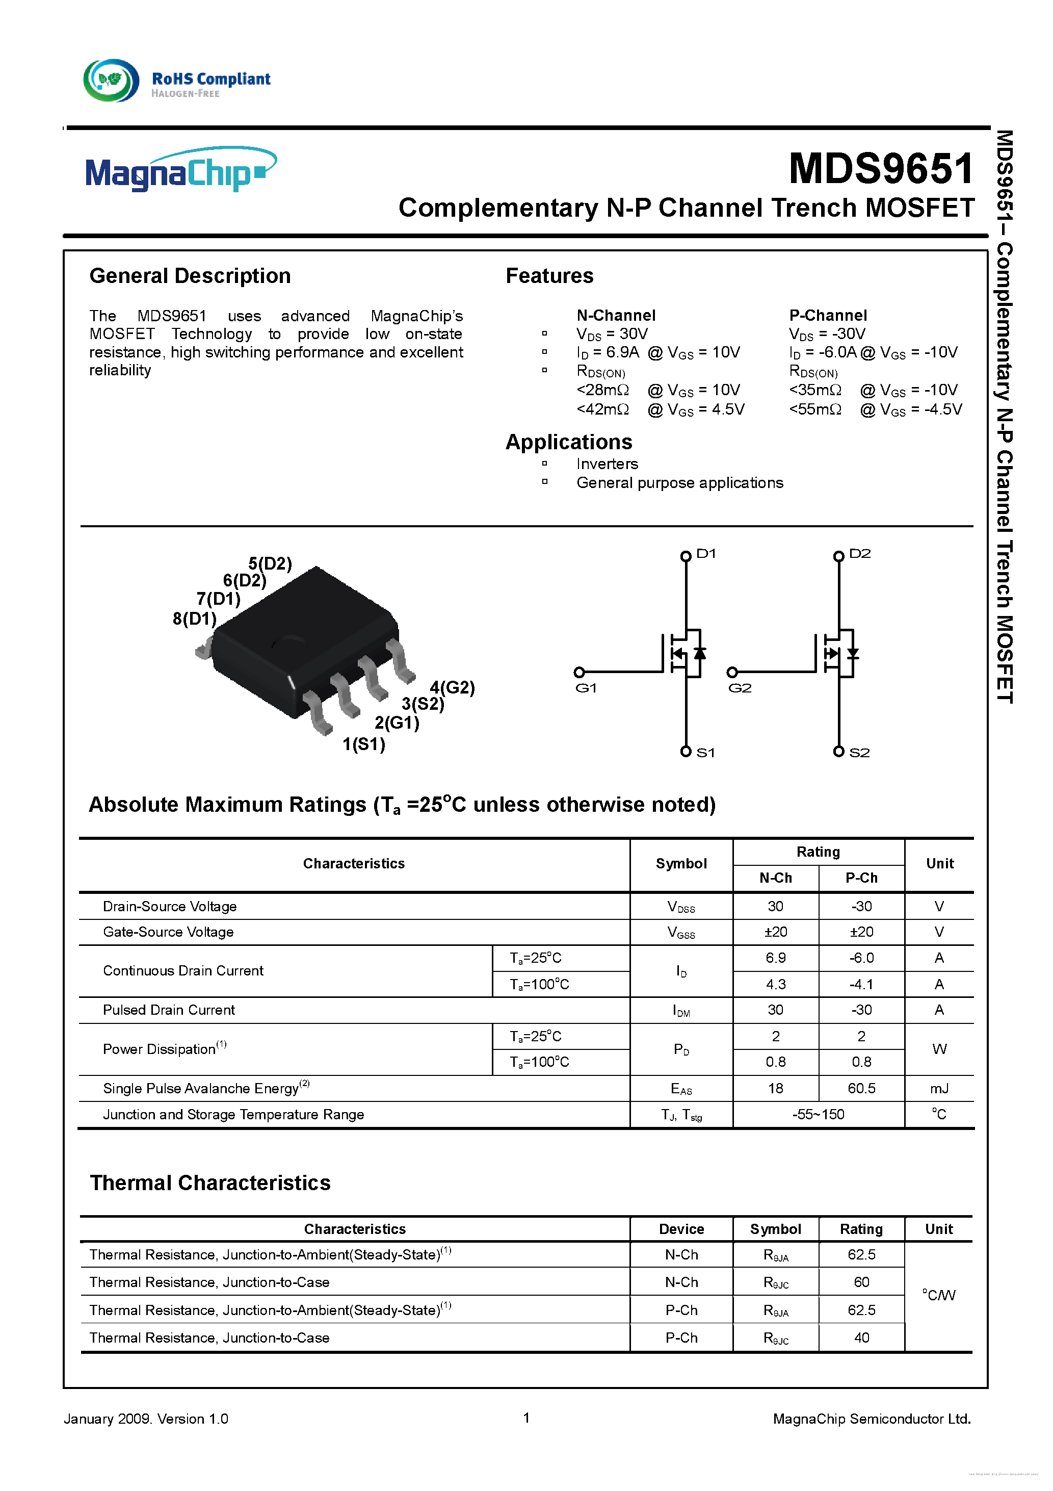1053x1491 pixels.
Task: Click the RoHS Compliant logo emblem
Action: click(111, 81)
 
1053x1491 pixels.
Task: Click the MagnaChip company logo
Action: click(180, 170)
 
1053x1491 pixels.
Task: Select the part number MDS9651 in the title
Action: click(880, 168)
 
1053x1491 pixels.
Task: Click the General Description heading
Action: click(190, 275)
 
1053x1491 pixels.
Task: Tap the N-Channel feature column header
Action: click(616, 315)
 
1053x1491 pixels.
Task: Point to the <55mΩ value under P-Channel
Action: click(815, 409)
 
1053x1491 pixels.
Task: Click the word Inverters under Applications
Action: click(607, 464)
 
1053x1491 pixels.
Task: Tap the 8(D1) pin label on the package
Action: click(194, 618)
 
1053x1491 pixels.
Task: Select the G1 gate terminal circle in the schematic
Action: click(579, 672)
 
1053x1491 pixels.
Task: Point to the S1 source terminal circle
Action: click(686, 751)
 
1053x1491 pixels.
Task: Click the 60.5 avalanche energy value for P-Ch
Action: click(861, 1088)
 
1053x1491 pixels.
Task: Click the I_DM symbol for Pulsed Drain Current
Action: click(680, 1011)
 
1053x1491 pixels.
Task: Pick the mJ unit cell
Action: click(939, 1088)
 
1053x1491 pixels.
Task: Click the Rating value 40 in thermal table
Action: click(861, 1337)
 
